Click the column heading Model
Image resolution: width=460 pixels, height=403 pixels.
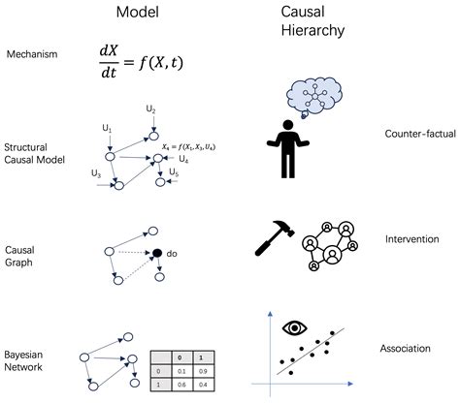point(138,14)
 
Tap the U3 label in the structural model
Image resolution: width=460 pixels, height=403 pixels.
point(95,173)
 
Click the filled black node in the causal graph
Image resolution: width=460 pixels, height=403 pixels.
point(155,254)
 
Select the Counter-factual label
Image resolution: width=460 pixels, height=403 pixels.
point(413,135)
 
